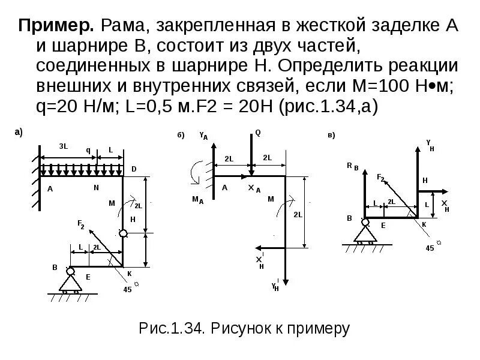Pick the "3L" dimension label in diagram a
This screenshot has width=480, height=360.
[63, 146]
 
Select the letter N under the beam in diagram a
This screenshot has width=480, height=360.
[96, 188]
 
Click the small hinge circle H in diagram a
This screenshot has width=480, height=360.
[124, 233]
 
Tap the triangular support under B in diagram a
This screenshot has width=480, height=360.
[71, 281]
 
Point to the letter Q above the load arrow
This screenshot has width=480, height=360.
[258, 133]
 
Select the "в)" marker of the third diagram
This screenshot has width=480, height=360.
[331, 135]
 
